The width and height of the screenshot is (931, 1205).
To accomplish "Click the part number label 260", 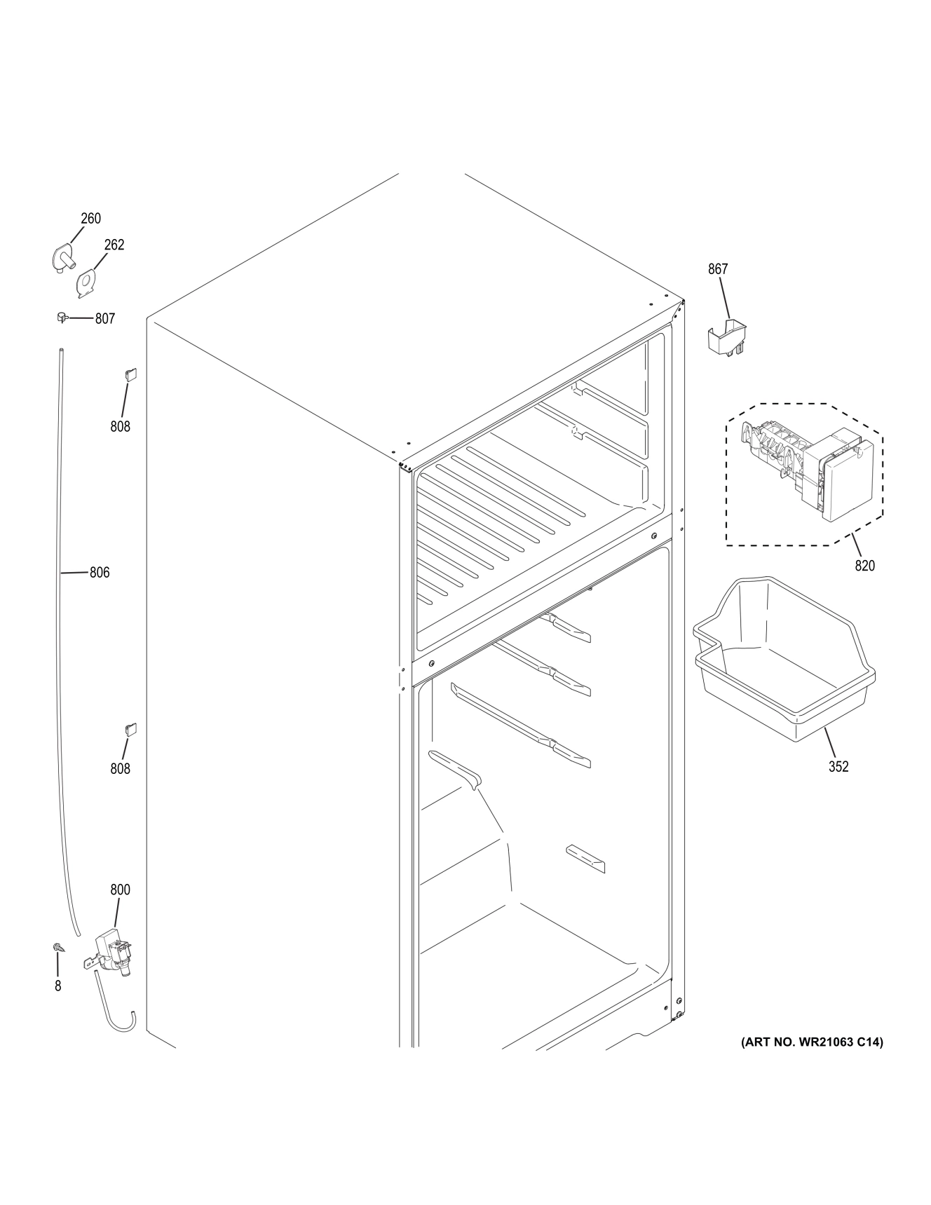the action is [90, 219].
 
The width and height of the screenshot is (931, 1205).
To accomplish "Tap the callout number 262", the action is [114, 245].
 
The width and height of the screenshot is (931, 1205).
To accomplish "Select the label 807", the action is [105, 319].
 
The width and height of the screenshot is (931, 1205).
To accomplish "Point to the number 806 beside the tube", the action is [100, 573].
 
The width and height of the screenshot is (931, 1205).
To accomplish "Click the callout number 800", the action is [120, 890].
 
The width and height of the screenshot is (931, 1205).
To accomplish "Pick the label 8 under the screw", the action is [57, 986].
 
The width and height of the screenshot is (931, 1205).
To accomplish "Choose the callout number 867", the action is [718, 268].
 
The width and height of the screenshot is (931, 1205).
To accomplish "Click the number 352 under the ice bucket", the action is [838, 767].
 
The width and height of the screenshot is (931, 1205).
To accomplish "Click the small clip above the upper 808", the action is [130, 374].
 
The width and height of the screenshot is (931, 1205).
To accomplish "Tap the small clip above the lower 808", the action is [130, 729].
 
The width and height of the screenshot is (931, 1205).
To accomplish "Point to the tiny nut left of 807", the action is [61, 318].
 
